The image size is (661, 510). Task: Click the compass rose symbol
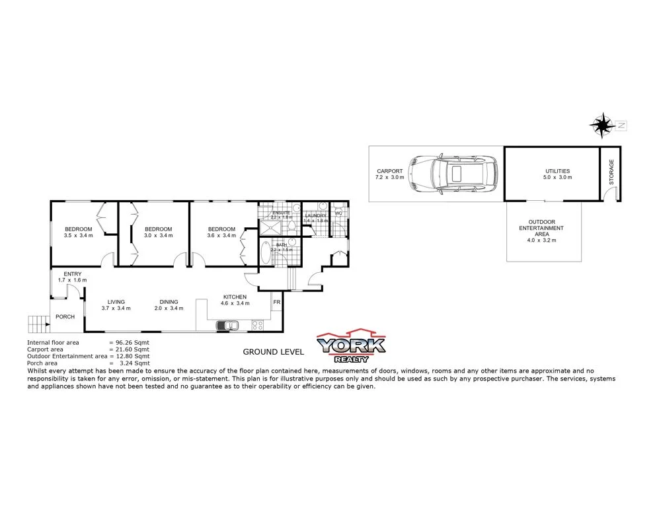coord(602,124)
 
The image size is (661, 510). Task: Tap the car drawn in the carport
coord(453,174)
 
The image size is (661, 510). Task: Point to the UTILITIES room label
coord(552,171)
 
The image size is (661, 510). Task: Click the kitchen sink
coord(229,325)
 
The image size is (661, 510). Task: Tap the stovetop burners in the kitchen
coord(256,325)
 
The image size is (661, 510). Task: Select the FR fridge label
coord(276,303)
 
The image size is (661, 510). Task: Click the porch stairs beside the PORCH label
coord(38,323)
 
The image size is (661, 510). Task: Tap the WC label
coord(338,213)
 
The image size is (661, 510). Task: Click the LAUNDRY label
coord(316,215)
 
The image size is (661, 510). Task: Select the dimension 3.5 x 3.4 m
coord(79,235)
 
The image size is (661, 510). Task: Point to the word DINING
coord(168,302)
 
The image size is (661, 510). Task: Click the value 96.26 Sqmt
coord(133,342)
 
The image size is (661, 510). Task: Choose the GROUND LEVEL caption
coord(273,351)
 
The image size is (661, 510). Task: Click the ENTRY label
coord(72,274)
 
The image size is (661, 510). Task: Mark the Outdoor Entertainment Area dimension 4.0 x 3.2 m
coord(541,240)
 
